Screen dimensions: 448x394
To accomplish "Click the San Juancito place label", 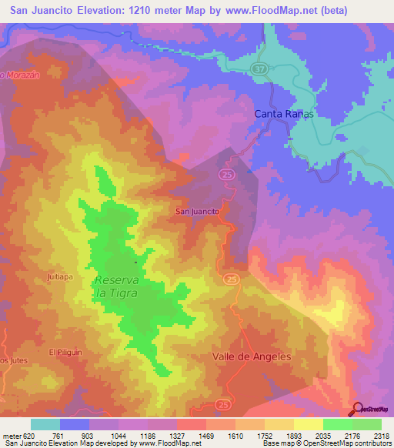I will point(198,211).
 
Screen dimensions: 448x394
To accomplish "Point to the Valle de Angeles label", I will point(252,356).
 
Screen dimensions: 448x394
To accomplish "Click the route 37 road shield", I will point(259,69).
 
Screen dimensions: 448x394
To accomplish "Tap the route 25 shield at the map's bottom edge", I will point(223,403).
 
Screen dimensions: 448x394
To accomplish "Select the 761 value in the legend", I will point(58,435).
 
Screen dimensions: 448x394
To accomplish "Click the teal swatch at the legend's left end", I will point(45,424).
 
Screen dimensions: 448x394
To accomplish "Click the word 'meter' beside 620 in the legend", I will point(12,435).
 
